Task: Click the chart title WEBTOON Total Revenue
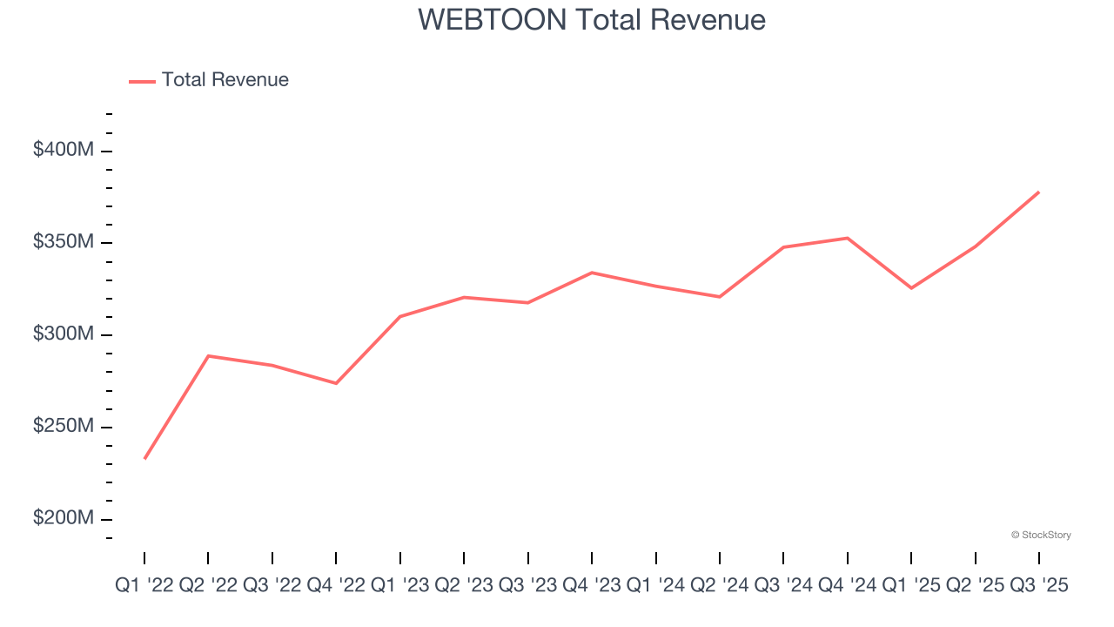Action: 592,19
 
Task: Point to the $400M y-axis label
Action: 64,150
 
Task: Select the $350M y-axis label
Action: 64,242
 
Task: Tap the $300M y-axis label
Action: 64,334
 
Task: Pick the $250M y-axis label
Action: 64,427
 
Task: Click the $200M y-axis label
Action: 64,518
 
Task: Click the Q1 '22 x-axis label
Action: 144,586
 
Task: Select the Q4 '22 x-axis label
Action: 336,586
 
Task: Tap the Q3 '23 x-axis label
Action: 528,586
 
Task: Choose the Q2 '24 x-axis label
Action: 720,586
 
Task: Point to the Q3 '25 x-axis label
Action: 1039,586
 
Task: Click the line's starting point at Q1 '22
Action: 144,458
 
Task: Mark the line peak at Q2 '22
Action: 208,355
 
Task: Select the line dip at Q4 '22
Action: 336,383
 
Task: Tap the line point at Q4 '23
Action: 592,273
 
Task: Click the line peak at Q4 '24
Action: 848,238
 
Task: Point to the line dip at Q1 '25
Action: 911,288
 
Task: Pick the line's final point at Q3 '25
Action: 1039,192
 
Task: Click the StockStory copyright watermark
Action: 1041,535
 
